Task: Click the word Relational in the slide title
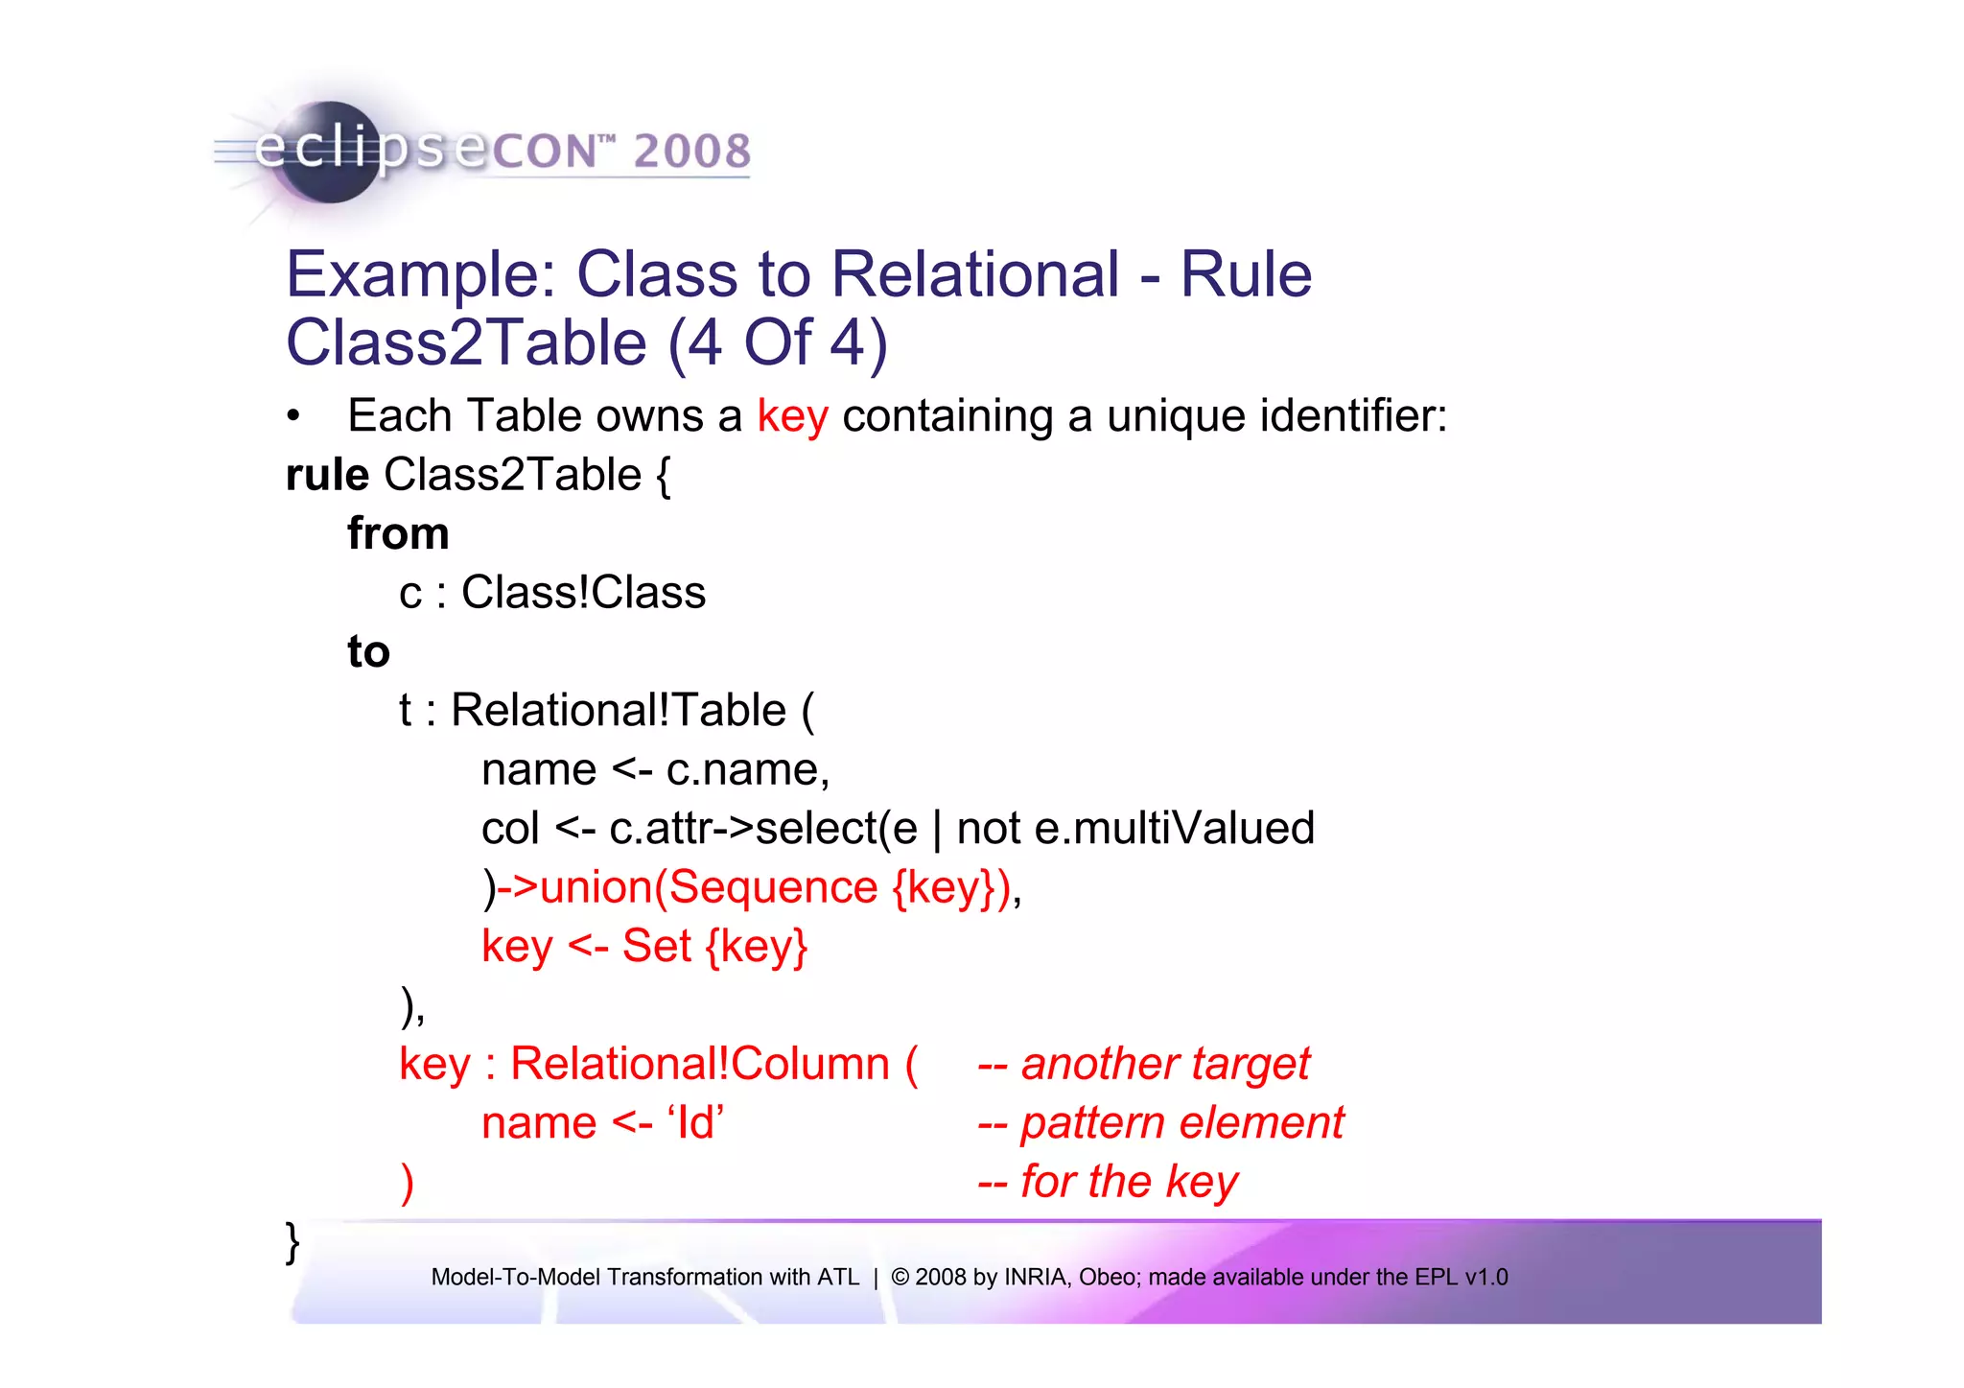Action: (x=974, y=275)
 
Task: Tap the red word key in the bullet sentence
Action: (x=792, y=417)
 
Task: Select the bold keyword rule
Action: (x=327, y=476)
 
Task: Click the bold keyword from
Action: (x=398, y=534)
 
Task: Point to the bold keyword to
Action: (x=368, y=652)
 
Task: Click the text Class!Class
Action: (x=583, y=593)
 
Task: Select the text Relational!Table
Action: (x=619, y=711)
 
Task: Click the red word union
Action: (x=596, y=887)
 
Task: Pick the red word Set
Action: (x=656, y=947)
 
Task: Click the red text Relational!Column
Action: (x=700, y=1065)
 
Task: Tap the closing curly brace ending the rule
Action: (x=292, y=1242)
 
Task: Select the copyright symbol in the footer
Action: (x=900, y=1278)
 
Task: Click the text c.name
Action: (x=747, y=770)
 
